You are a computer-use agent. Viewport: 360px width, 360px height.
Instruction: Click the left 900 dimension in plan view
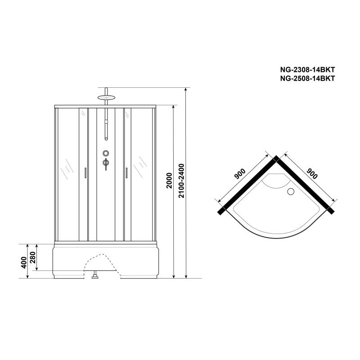[x=239, y=174]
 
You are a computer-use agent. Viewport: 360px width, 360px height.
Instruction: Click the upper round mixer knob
[x=105, y=153]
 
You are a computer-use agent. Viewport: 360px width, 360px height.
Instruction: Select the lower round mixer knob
[x=105, y=162]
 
